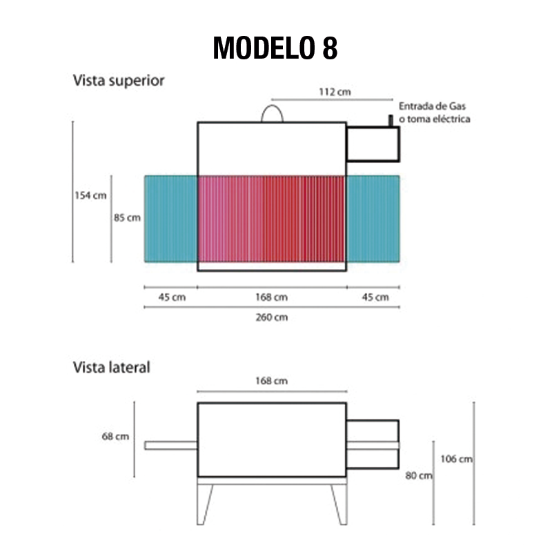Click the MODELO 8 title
tap(275, 48)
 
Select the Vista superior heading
tap(119, 81)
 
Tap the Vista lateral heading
tap(111, 367)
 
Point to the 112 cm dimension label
tap(335, 92)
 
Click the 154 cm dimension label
tap(90, 195)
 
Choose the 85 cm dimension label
tap(127, 218)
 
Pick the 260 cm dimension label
tap(271, 317)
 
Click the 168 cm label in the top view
tap(271, 297)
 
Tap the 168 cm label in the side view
tap(271, 381)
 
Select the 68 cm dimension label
tap(115, 437)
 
